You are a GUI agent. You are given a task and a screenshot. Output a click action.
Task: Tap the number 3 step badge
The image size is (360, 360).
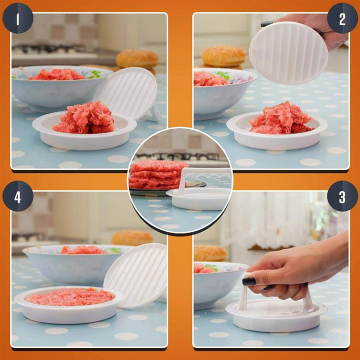342,196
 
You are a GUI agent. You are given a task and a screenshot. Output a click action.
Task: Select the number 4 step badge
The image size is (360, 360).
18,196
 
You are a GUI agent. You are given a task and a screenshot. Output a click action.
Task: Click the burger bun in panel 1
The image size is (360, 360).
137,58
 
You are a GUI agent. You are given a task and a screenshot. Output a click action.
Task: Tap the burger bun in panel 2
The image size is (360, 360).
224,56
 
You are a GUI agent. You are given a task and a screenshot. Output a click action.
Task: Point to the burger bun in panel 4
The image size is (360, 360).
132,237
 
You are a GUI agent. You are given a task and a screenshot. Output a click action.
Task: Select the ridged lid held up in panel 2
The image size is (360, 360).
288,53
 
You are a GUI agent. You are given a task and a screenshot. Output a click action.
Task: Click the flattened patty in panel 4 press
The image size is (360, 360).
70,296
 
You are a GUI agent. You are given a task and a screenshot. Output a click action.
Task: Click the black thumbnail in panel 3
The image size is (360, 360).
249,281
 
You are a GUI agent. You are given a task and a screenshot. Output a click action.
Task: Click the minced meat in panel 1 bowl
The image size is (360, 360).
56,74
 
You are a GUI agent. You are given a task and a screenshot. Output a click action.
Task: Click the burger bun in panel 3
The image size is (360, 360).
209,253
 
